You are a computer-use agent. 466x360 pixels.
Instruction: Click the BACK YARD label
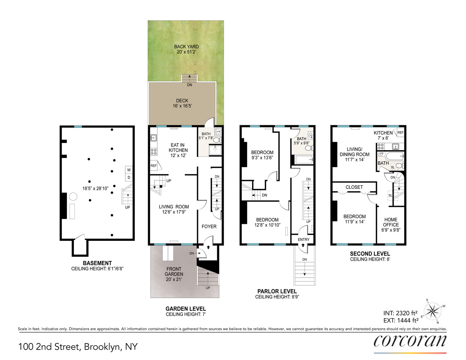(x=186, y=46)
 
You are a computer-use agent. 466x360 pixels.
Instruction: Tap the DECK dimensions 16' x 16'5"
(x=182, y=106)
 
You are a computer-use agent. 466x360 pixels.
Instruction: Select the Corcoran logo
(x=410, y=341)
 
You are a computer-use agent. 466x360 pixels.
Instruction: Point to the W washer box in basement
(x=129, y=170)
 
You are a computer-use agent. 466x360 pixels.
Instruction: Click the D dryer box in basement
(x=129, y=177)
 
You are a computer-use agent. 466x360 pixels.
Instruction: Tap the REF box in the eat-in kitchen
(x=154, y=166)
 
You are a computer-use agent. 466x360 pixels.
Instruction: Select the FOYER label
(x=209, y=226)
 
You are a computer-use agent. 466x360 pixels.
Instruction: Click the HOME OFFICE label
(x=391, y=222)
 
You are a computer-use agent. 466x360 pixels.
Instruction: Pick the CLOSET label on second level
(x=354, y=187)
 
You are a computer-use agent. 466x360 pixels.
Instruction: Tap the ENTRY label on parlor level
(x=304, y=239)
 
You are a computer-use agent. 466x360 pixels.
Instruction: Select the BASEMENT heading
(x=97, y=263)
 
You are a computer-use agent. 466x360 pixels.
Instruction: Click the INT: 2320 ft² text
(x=400, y=313)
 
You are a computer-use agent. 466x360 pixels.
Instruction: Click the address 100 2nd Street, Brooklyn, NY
(x=78, y=347)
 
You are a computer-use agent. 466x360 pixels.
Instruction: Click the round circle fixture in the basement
(x=73, y=197)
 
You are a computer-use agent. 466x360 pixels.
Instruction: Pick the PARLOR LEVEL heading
(x=277, y=291)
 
